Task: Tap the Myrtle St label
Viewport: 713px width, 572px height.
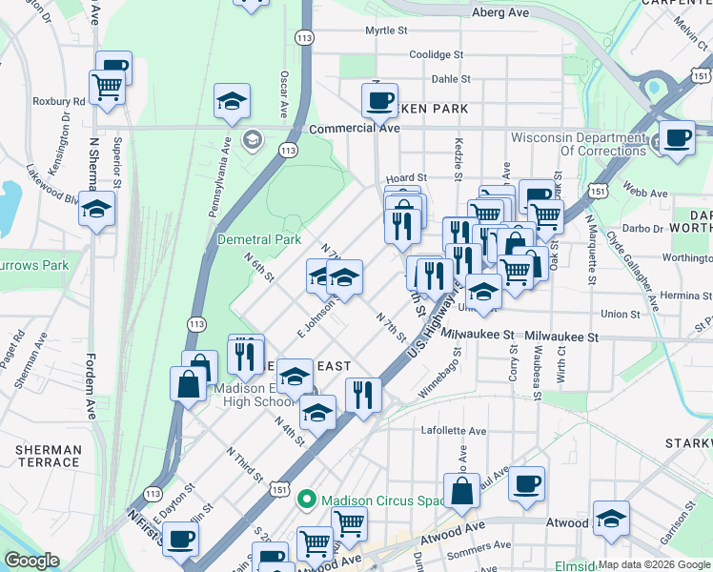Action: [386, 31]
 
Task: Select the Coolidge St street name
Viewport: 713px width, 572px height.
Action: [436, 55]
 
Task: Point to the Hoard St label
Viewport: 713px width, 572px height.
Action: [406, 178]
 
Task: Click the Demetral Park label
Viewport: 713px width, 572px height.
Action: [259, 239]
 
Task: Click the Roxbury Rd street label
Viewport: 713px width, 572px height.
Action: [59, 101]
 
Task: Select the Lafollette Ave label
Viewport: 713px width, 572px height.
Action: [454, 431]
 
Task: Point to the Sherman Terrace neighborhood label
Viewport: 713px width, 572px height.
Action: [48, 456]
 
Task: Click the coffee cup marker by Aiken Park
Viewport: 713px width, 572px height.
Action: [379, 99]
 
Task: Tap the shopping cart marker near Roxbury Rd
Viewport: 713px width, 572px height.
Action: [108, 88]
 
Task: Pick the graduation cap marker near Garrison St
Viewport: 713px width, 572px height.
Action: [611, 518]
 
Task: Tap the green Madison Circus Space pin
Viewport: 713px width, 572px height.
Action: [306, 499]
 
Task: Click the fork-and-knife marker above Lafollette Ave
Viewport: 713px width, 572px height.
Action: [363, 394]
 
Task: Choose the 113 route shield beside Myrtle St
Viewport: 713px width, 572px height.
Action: [304, 38]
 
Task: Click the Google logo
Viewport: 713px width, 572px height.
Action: [31, 561]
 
